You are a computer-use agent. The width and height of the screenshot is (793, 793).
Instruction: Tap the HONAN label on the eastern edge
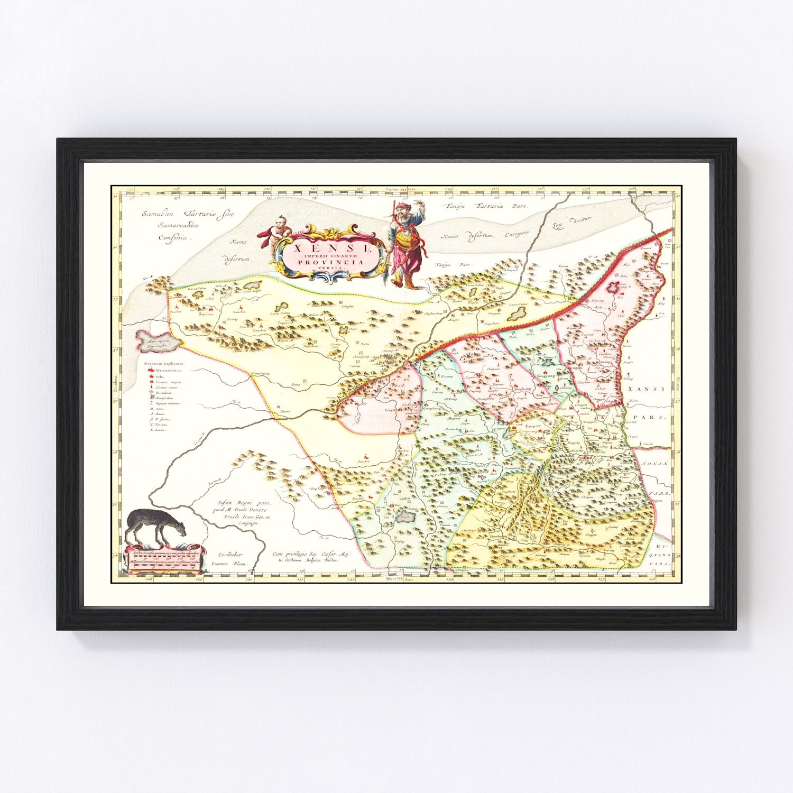pyautogui.click(x=656, y=463)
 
